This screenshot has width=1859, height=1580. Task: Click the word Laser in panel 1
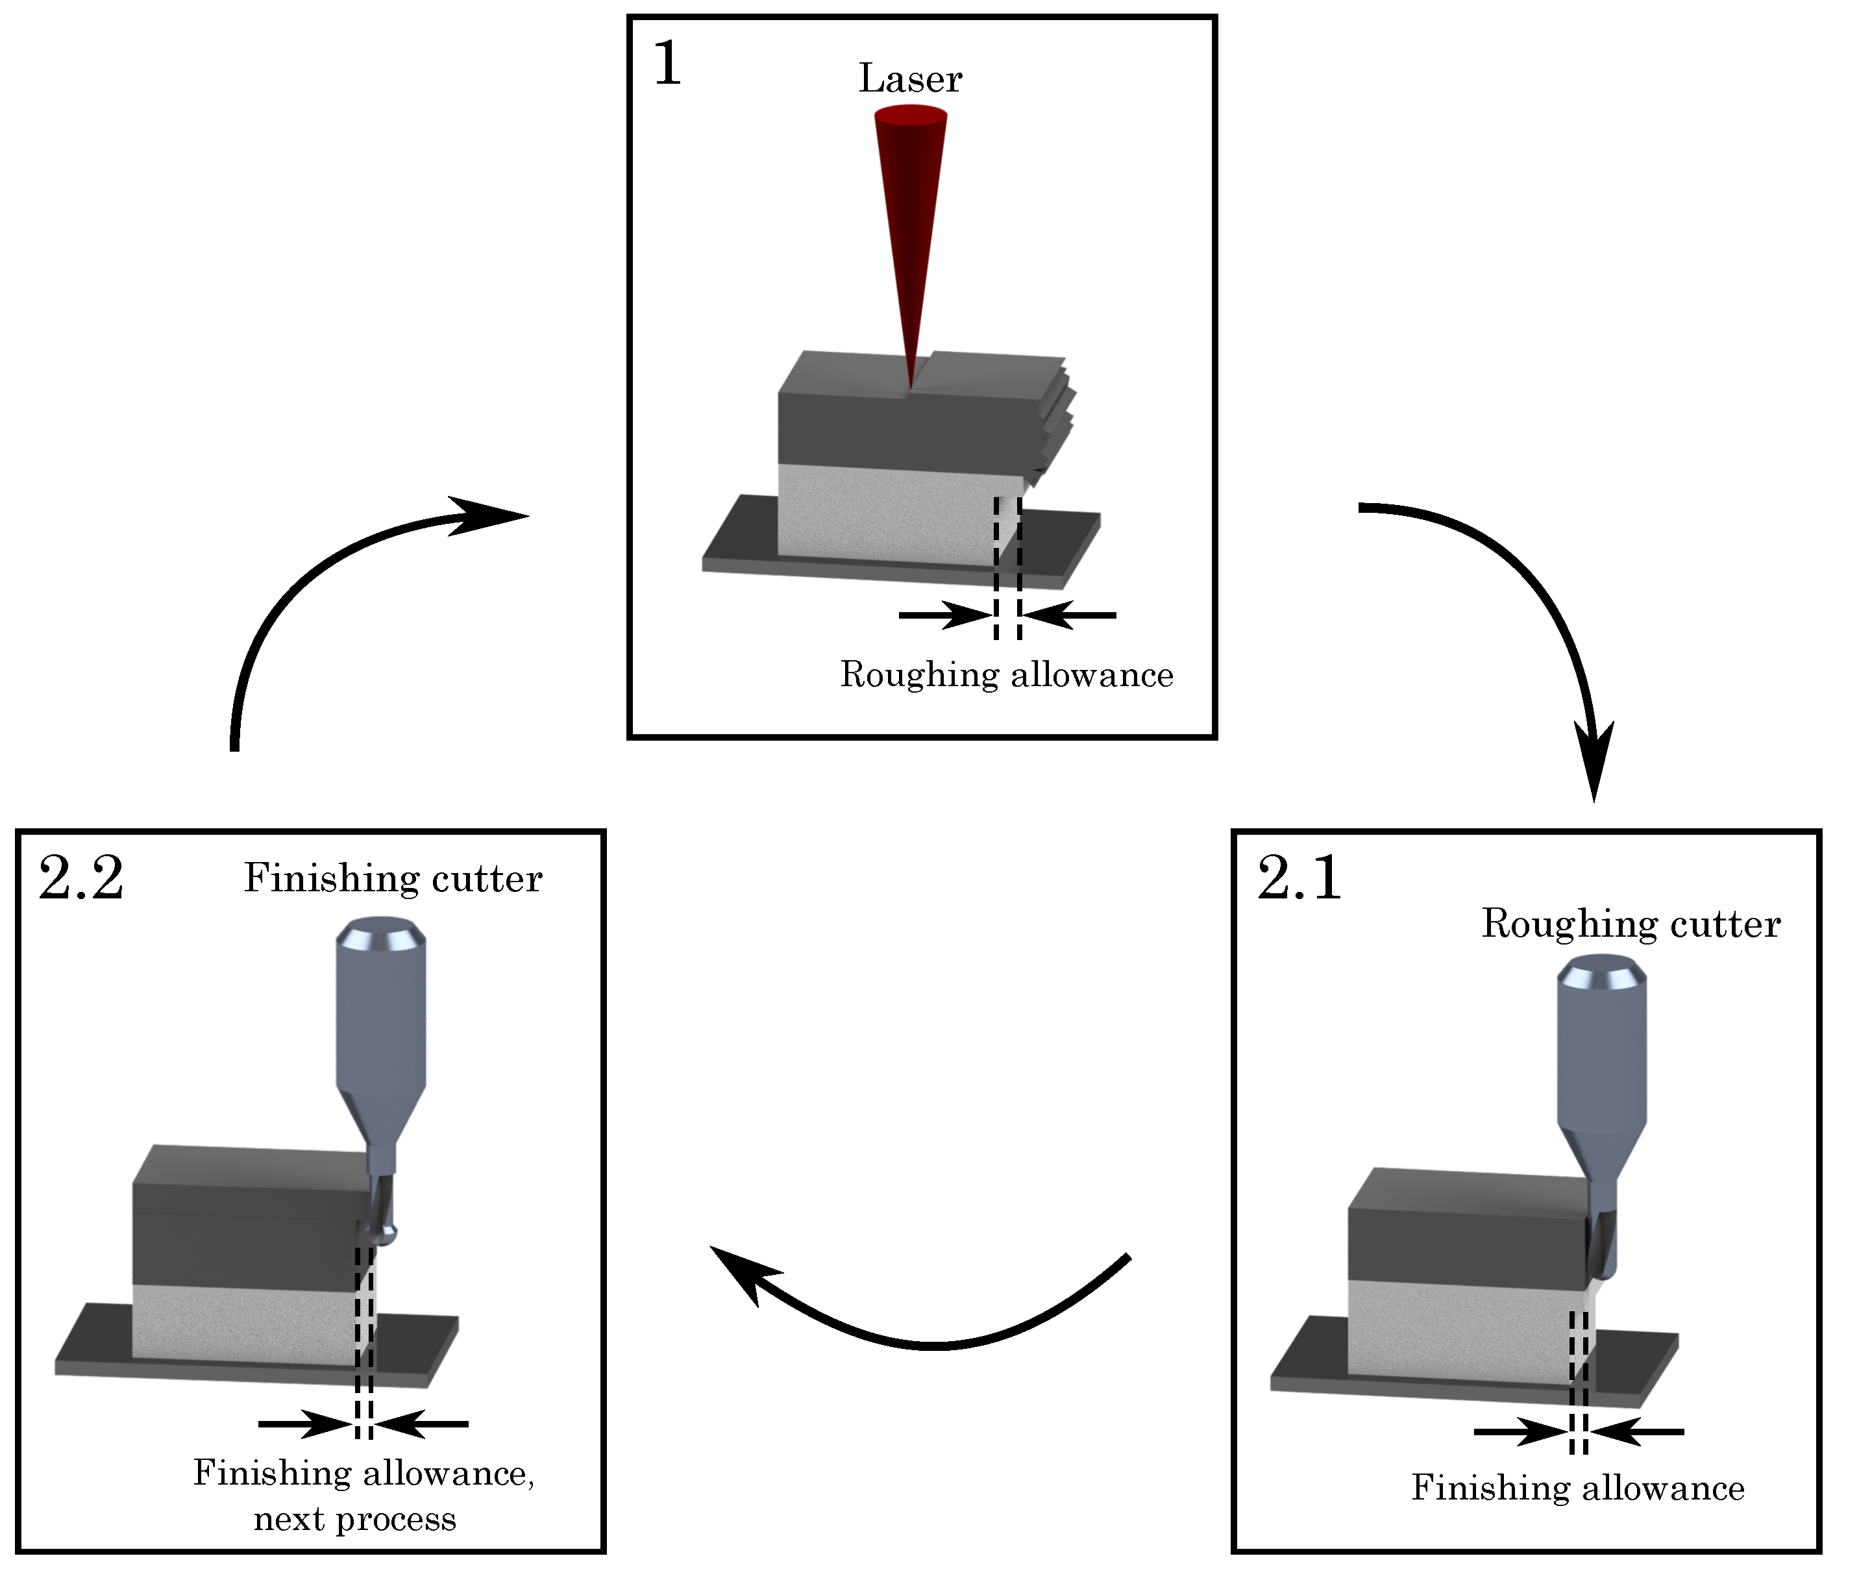910,79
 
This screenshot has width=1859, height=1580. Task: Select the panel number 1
667,64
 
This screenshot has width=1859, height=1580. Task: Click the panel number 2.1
1298,878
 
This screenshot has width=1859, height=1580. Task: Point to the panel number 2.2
80,878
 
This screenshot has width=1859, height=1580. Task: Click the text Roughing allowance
1005,674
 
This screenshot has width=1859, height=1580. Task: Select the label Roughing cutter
1631,924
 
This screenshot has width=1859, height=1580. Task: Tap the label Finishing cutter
392,878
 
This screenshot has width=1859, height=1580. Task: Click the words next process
354,1519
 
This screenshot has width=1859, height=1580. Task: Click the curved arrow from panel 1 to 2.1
1522,609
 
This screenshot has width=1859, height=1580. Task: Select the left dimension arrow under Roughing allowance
944,615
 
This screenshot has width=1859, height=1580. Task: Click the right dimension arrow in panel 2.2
421,1424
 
